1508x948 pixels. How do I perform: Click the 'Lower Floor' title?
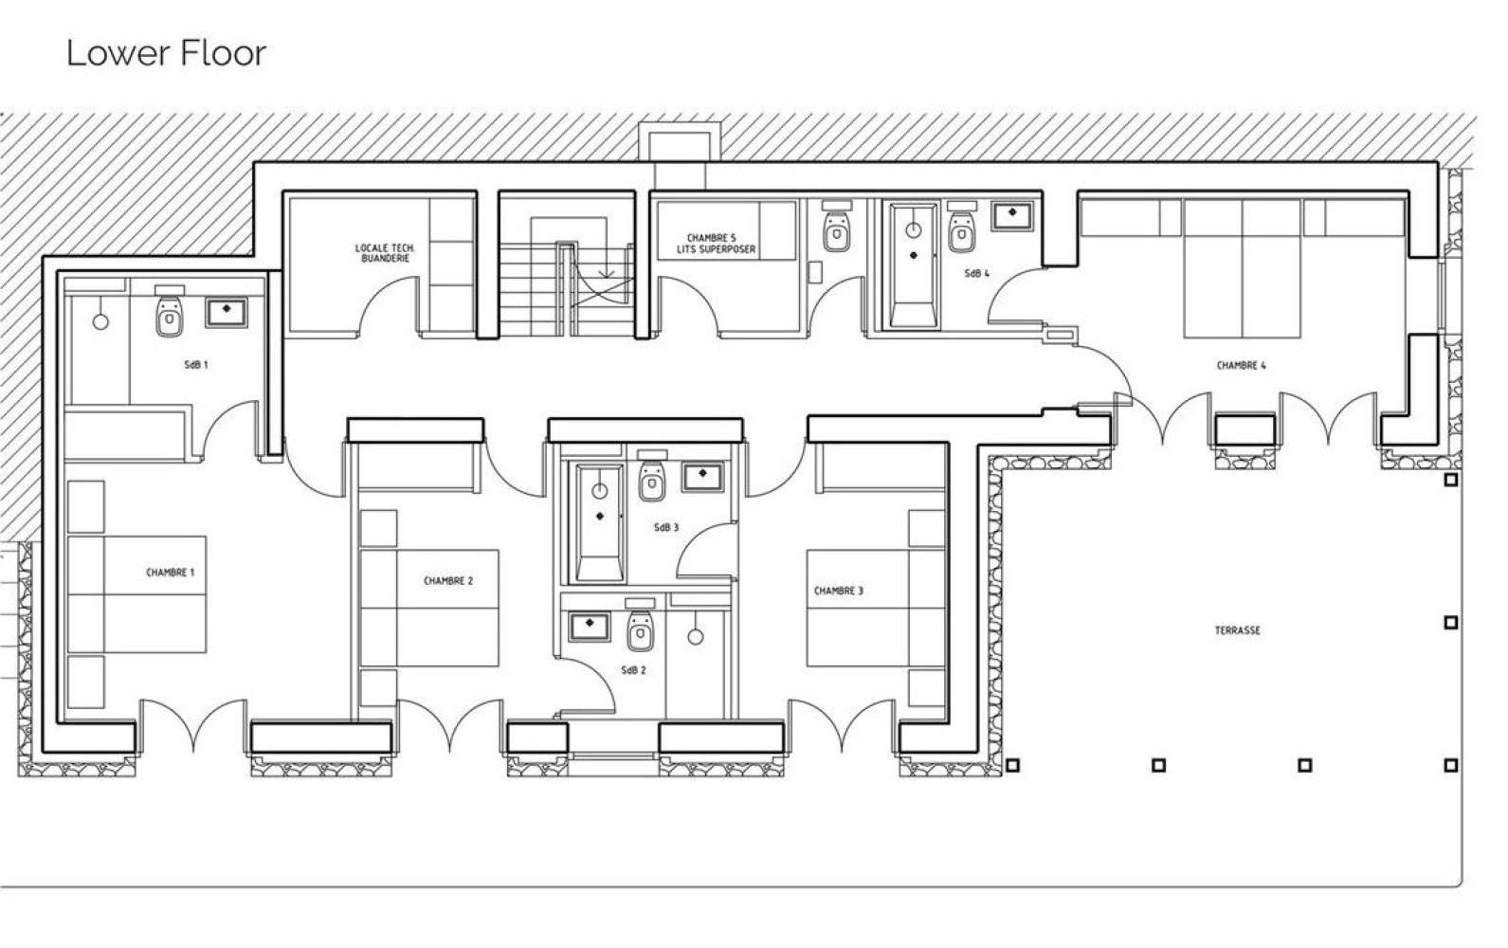click(x=166, y=53)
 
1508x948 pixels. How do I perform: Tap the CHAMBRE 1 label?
click(x=171, y=573)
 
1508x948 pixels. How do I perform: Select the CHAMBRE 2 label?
click(x=448, y=581)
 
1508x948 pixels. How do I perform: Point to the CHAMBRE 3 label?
click(x=839, y=592)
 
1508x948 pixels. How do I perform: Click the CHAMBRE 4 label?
click(x=1242, y=366)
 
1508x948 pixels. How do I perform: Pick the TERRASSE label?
click(x=1237, y=630)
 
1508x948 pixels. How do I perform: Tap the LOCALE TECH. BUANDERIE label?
click(x=385, y=253)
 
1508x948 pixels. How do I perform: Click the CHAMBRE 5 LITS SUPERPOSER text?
click(x=717, y=244)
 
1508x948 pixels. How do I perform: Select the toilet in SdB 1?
click(x=170, y=311)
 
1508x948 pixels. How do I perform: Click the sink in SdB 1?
click(x=227, y=313)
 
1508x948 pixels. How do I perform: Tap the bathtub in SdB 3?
click(x=599, y=522)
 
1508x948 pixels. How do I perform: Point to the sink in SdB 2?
click(x=590, y=627)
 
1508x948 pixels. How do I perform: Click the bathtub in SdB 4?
click(x=914, y=266)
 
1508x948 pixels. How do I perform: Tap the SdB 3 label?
click(x=666, y=528)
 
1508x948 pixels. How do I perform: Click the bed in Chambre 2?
click(x=429, y=609)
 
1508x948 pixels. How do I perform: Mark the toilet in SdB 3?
click(x=652, y=476)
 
